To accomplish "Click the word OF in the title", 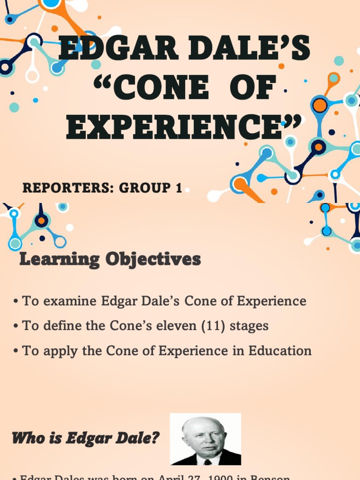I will [x=249, y=88].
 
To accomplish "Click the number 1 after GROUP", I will [x=179, y=188].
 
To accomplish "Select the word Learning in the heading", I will [x=60, y=259].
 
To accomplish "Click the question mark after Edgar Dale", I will [x=156, y=439].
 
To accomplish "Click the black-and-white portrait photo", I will [x=205, y=439].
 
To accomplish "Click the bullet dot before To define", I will [x=16, y=326].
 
